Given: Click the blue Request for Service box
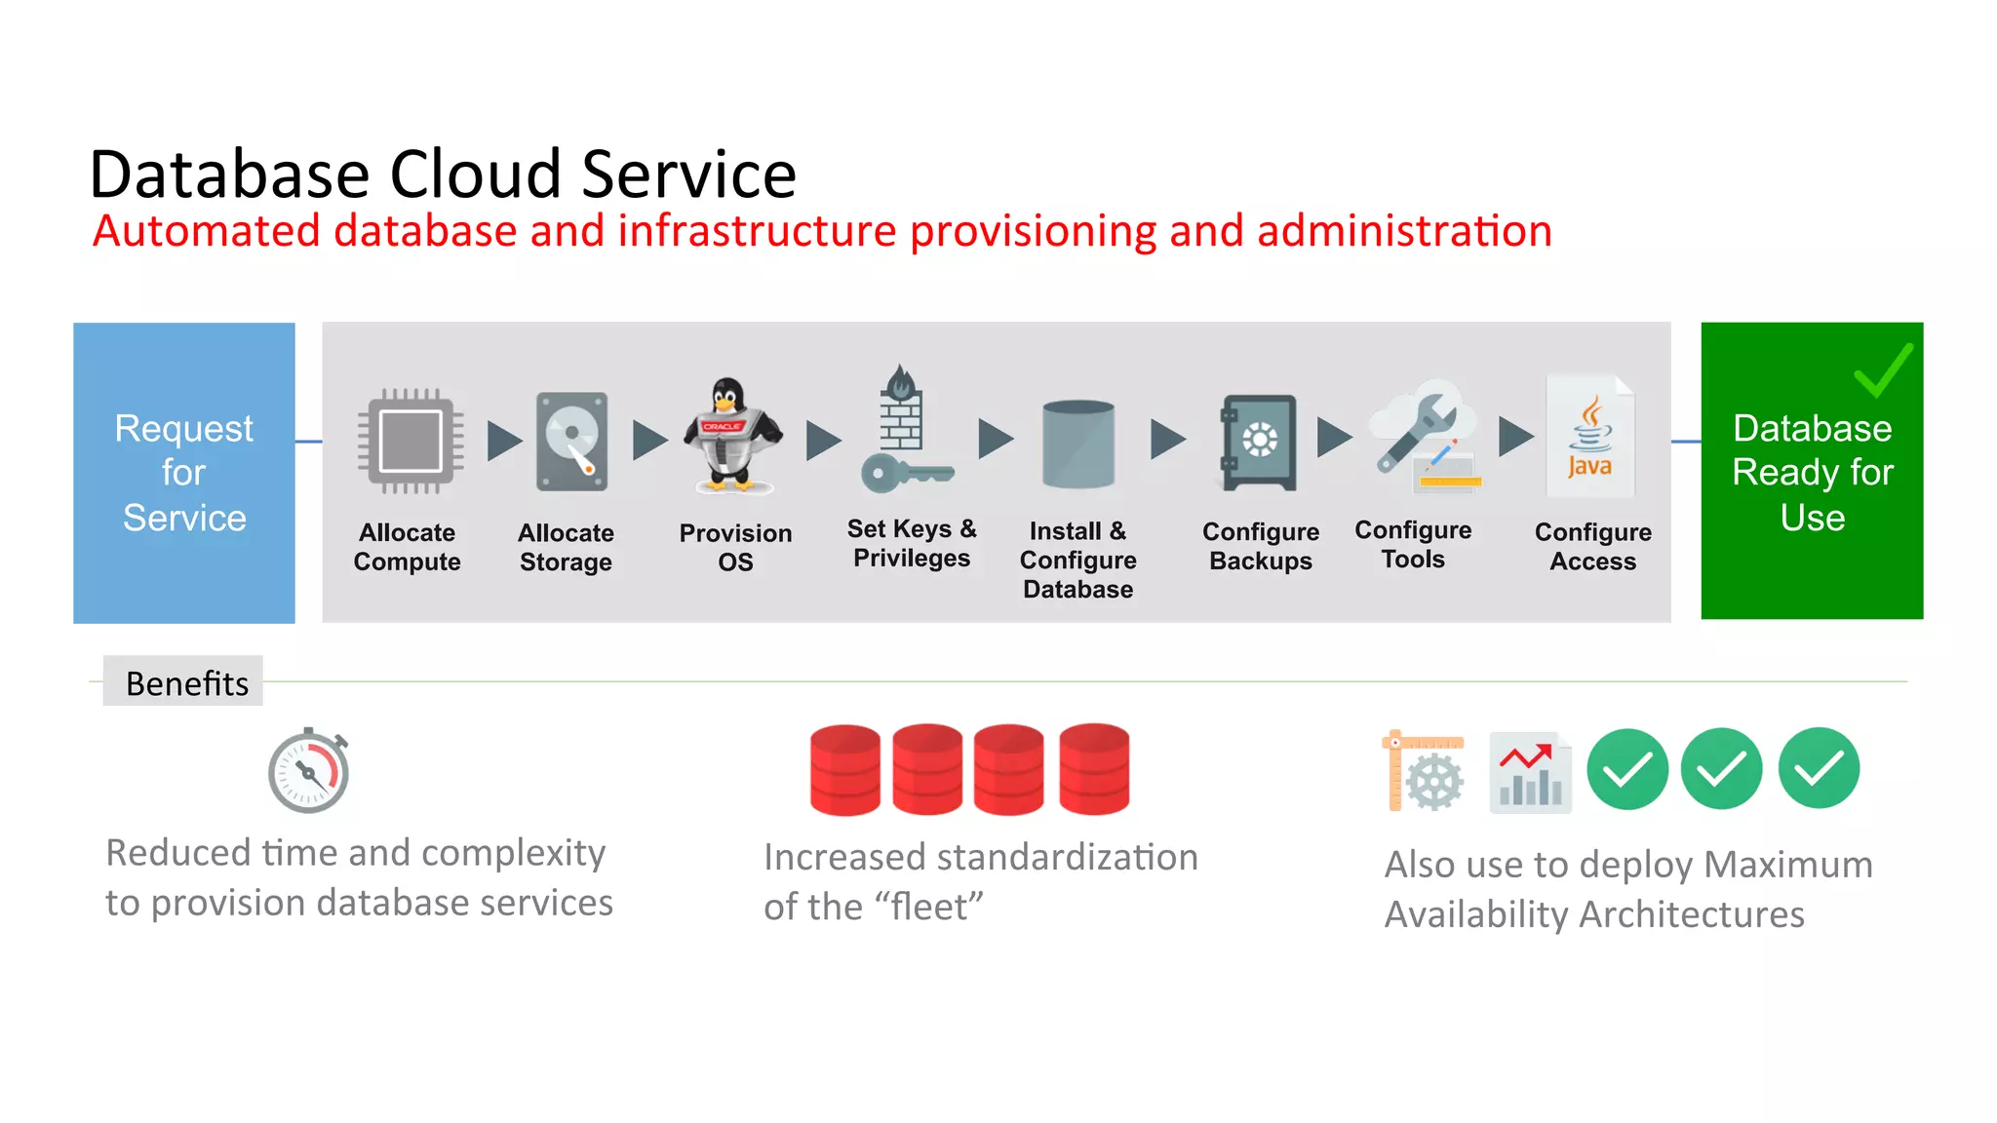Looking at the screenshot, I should [183, 473].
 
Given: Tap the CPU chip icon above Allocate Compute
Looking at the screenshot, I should [410, 441].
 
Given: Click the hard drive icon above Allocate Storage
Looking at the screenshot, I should [572, 441].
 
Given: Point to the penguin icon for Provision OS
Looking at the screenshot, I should [731, 436].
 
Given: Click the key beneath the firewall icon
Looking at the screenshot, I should [905, 474].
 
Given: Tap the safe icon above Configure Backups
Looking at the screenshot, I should [1259, 442].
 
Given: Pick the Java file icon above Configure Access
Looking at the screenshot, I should [1589, 436].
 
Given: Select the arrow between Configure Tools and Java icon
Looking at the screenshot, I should [1514, 436].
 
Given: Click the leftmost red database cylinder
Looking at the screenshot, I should [844, 769].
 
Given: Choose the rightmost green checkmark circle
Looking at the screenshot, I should [1818, 768].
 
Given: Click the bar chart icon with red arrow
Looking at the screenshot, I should [1529, 772].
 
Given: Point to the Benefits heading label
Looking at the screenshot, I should [186, 682].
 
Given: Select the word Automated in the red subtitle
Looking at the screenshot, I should [206, 232].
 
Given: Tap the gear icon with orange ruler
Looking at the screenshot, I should [1425, 772].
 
